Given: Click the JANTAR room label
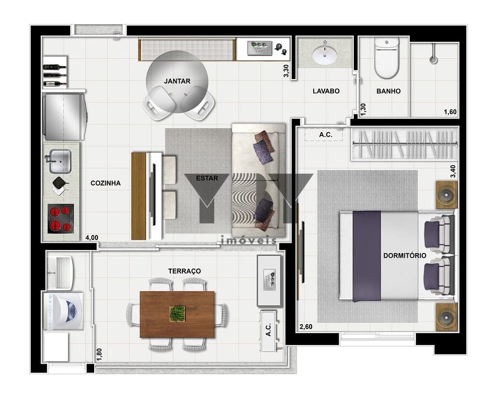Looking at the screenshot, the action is click(177, 81).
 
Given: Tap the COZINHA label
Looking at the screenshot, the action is click(105, 183).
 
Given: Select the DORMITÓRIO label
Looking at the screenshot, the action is click(405, 256).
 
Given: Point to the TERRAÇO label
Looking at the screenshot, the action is click(184, 271).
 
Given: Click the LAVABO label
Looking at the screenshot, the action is click(326, 91).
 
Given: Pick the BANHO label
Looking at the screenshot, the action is click(389, 91).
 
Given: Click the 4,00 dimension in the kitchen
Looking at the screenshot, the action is click(92, 237).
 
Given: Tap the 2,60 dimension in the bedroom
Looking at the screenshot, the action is click(306, 327).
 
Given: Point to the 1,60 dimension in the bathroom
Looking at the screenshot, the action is click(450, 112).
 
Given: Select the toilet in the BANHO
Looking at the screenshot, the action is click(386, 58).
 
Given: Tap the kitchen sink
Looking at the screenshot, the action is click(60, 161).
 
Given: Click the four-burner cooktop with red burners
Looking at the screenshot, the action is click(61, 218).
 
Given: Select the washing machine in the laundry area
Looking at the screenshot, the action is click(63, 311).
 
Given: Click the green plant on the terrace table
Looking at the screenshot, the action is click(177, 313).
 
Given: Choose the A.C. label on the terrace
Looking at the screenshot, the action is click(268, 330).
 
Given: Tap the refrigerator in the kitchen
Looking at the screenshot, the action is click(65, 117).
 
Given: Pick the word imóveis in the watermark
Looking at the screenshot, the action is click(249, 240).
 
